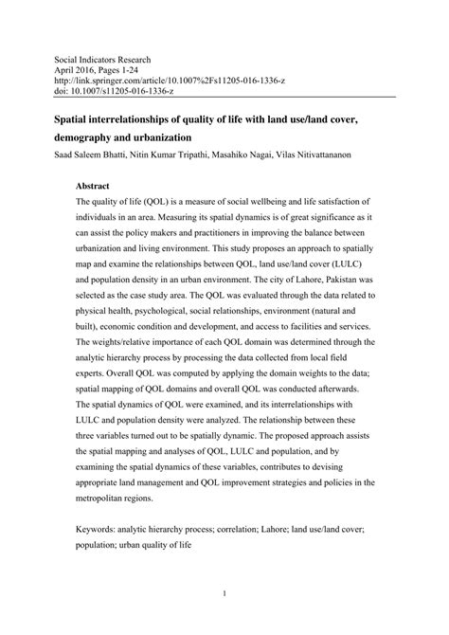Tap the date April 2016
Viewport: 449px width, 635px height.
[x=75, y=71]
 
